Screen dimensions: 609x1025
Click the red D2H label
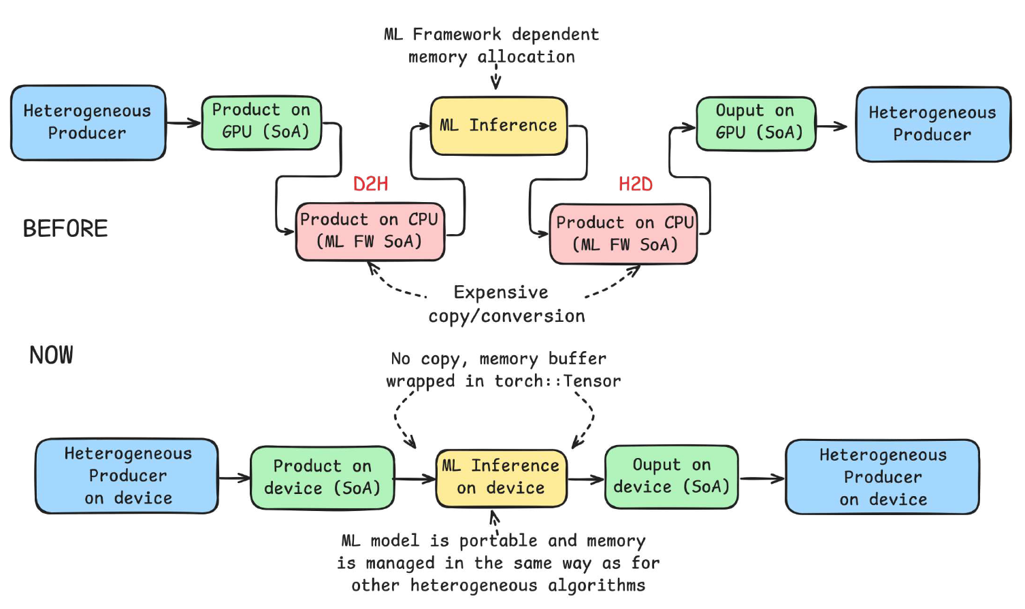(x=370, y=184)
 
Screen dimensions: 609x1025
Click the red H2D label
(x=635, y=184)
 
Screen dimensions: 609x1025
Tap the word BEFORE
(x=65, y=229)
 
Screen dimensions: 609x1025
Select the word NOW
(x=51, y=355)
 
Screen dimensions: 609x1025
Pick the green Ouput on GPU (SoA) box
(x=755, y=123)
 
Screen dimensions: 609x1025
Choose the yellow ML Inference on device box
(x=501, y=478)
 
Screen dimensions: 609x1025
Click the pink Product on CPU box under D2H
(x=370, y=231)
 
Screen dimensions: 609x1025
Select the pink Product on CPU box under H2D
(x=623, y=233)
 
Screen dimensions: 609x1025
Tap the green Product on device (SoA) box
(x=322, y=478)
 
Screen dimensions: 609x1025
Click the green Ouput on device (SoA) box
(x=671, y=476)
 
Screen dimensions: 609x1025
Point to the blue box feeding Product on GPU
(x=88, y=122)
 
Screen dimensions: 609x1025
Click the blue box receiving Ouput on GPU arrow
(x=932, y=124)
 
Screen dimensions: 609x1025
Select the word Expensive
(x=501, y=293)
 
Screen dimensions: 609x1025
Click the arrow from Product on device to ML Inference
(x=414, y=479)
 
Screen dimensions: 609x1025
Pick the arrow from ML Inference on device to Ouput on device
(x=586, y=479)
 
